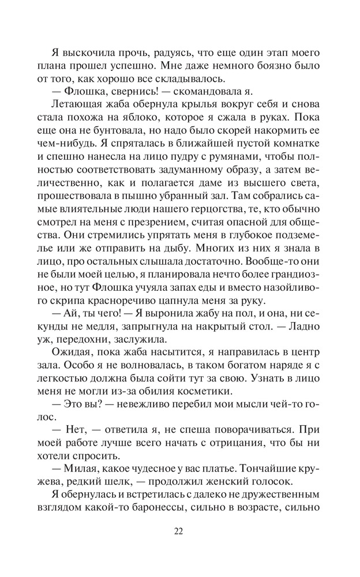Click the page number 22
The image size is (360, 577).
179,532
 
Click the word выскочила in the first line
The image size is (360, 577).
80,52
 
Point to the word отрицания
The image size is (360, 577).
215,433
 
